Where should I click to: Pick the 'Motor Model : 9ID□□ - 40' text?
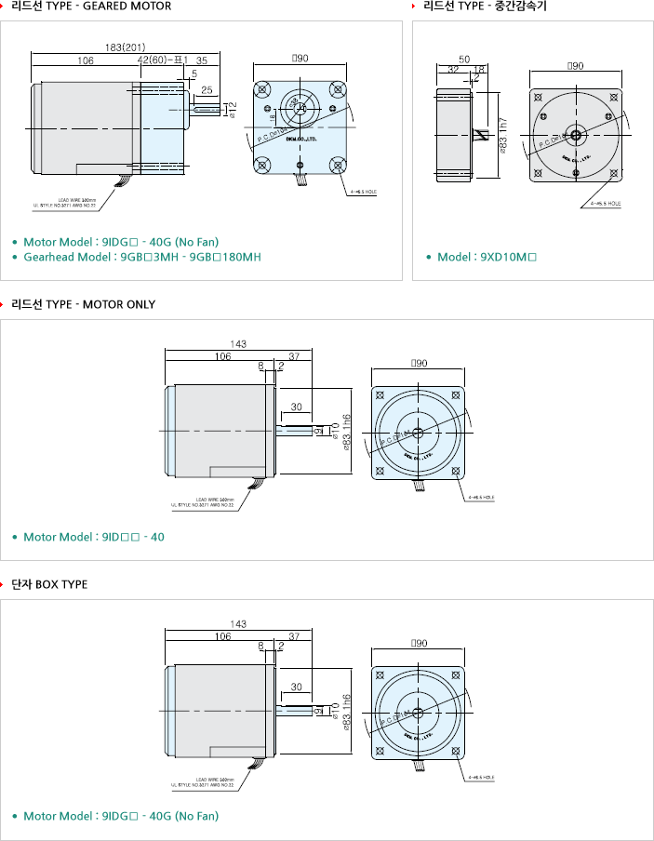point(94,537)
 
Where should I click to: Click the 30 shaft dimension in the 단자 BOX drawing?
point(297,687)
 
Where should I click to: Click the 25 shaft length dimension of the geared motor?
point(207,90)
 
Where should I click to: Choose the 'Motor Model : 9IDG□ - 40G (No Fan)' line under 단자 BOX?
point(121,816)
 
